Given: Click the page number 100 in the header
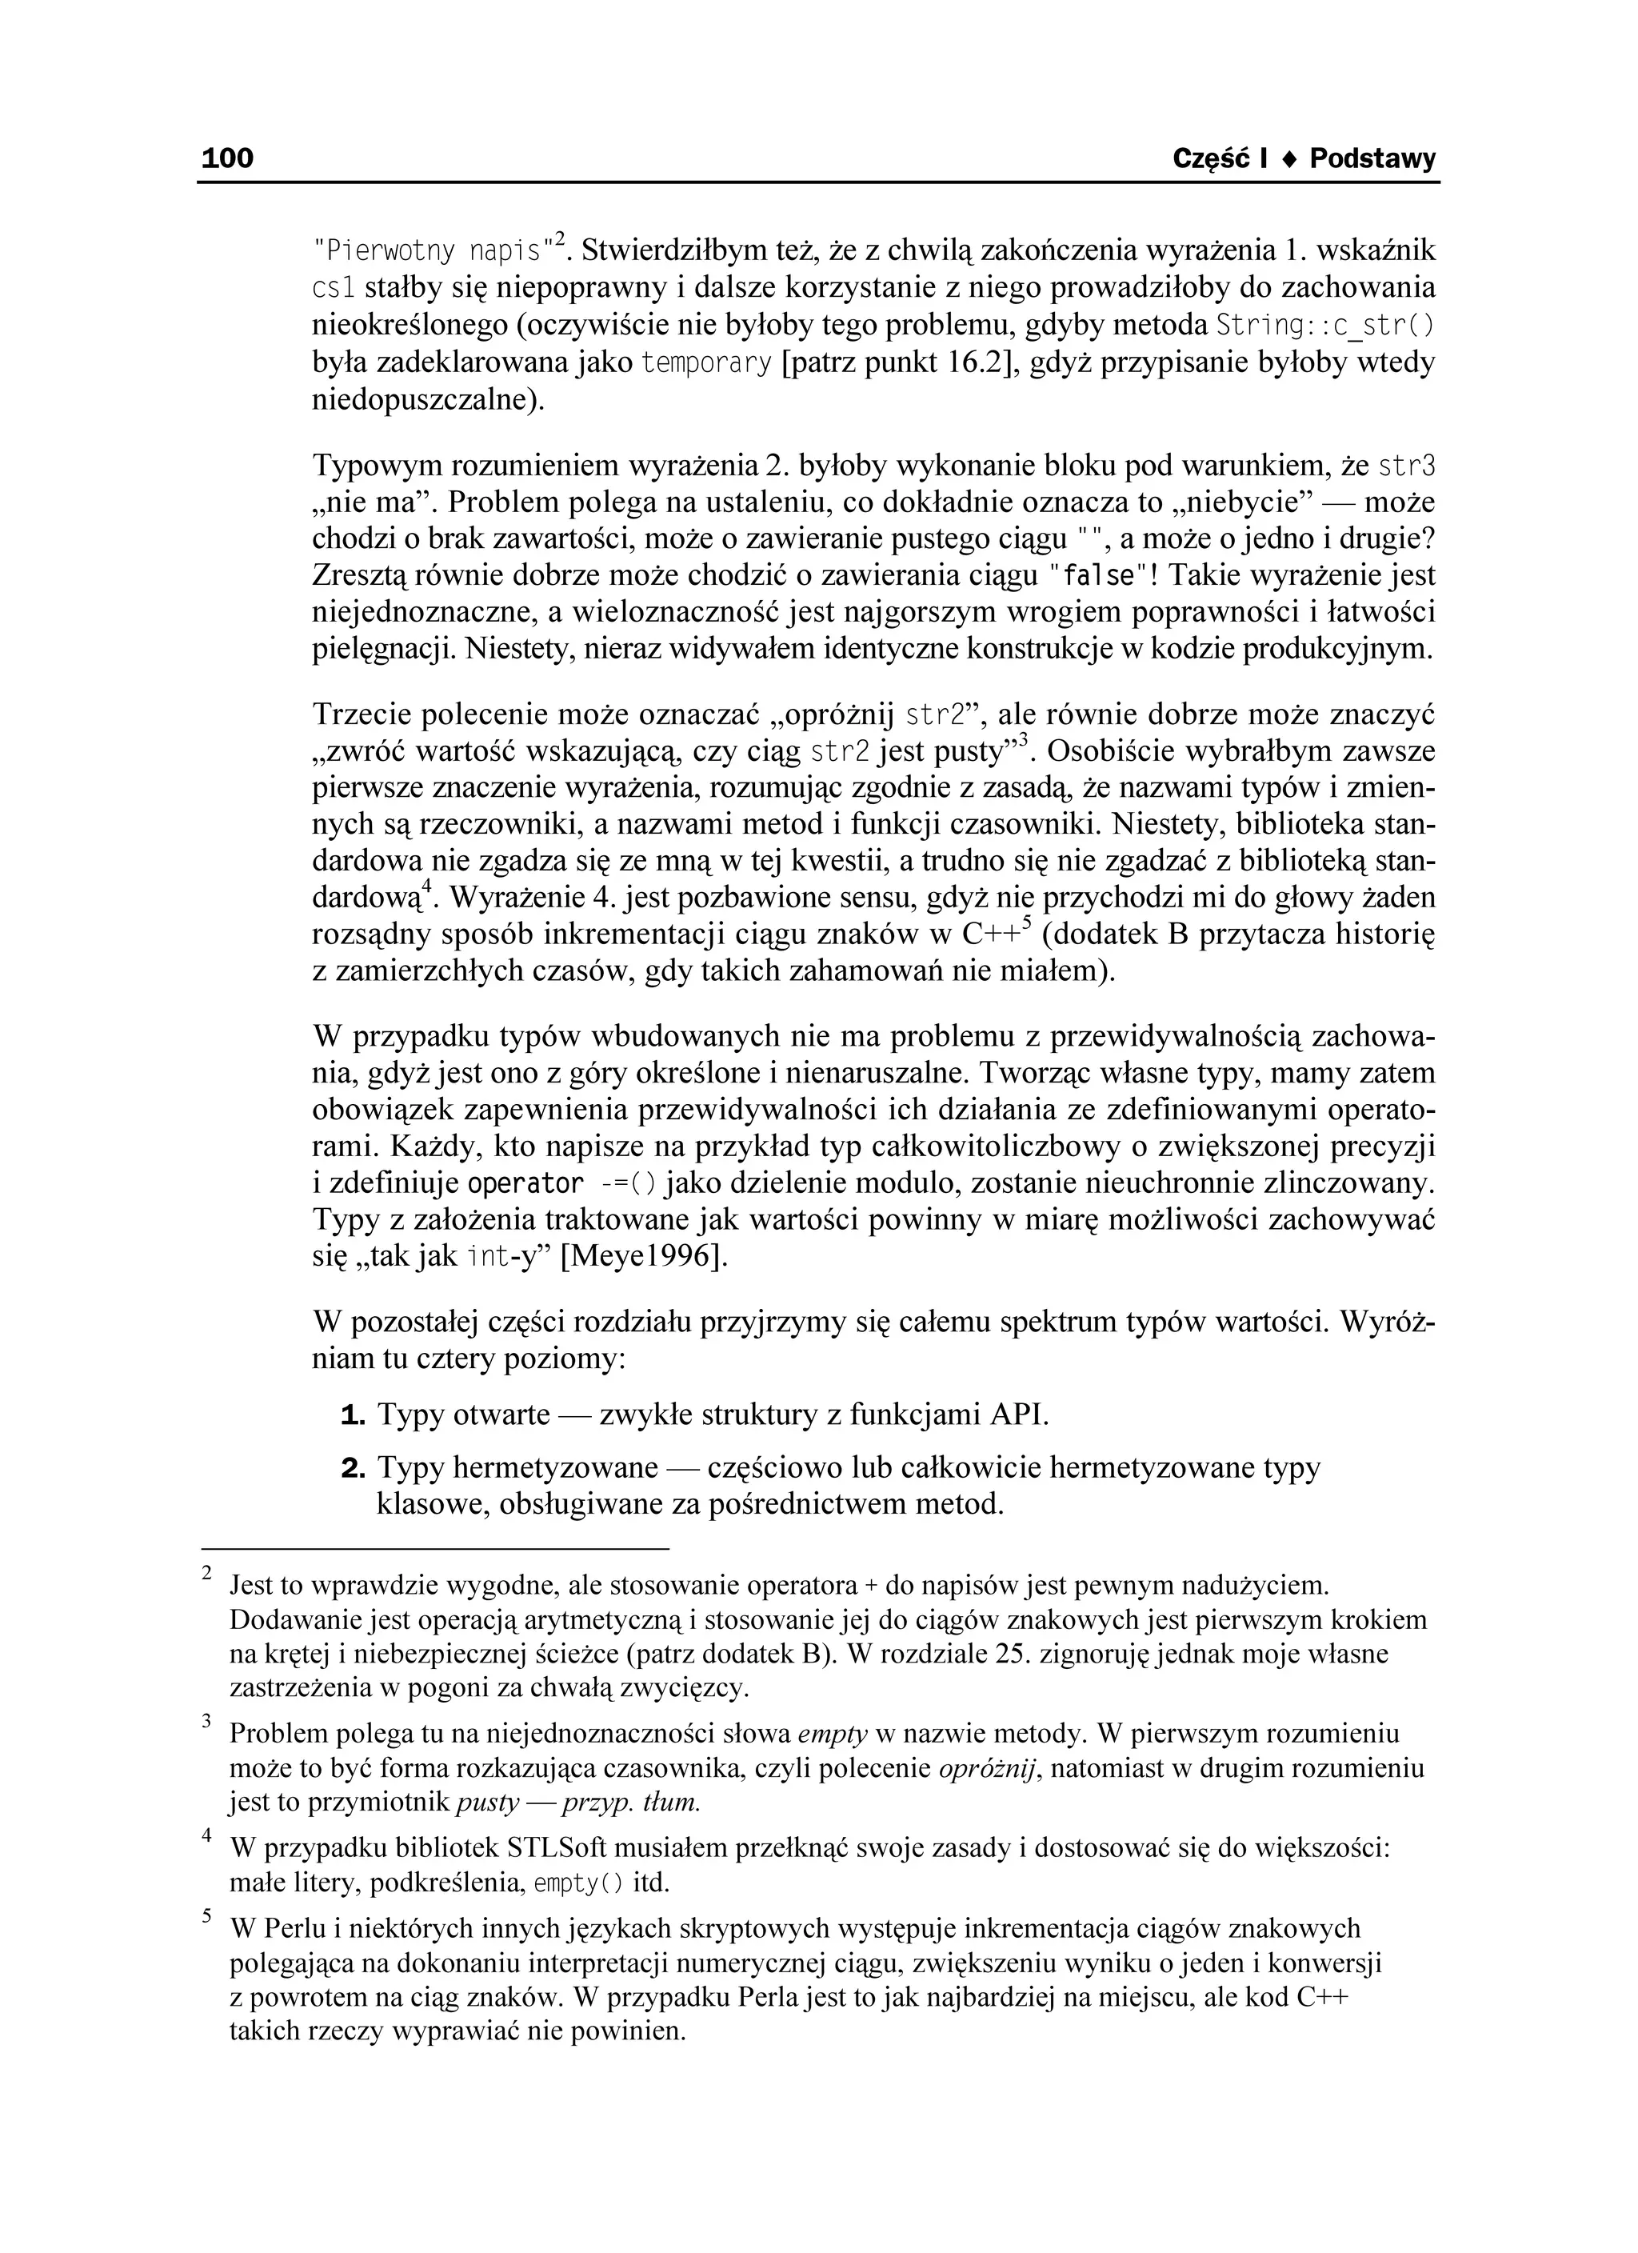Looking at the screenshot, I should (227, 158).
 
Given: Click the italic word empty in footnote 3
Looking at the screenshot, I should (833, 1735).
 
